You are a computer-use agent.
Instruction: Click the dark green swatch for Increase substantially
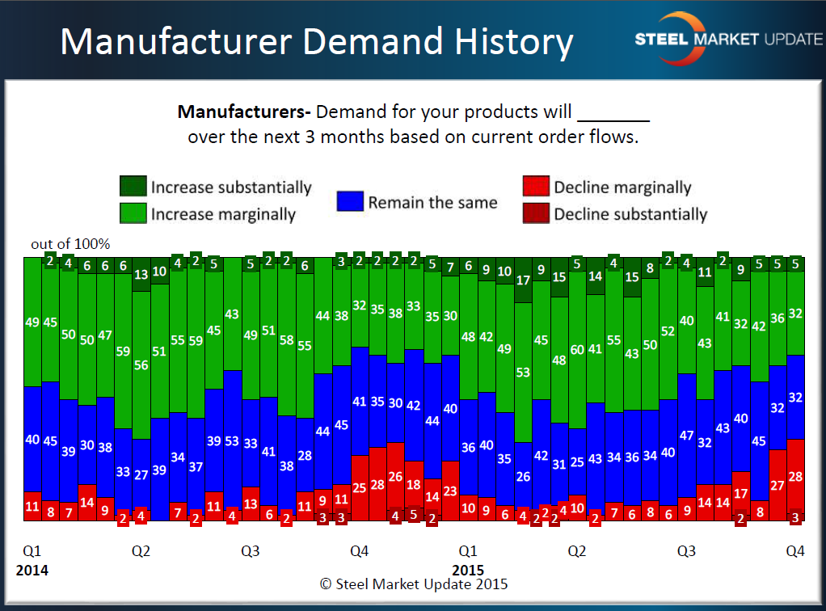133,187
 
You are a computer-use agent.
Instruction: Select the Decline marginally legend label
622,188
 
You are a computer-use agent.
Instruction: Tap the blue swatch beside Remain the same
349,201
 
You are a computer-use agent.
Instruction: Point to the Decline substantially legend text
630,214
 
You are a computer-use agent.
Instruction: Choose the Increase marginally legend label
223,214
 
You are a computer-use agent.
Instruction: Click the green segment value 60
577,350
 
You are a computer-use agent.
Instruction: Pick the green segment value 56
141,364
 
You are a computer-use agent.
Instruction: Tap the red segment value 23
450,491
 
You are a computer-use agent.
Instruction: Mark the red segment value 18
414,484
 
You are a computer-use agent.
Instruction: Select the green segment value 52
668,331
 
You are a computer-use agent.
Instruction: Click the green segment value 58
286,340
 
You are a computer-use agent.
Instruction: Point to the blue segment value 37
196,466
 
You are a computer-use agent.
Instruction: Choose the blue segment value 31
558,465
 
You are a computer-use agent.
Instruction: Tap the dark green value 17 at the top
523,280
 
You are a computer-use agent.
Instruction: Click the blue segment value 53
232,441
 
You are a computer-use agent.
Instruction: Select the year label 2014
32,571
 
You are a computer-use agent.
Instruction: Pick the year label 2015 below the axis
468,571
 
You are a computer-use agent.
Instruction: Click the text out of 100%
70,244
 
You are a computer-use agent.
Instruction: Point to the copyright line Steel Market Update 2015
414,584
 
